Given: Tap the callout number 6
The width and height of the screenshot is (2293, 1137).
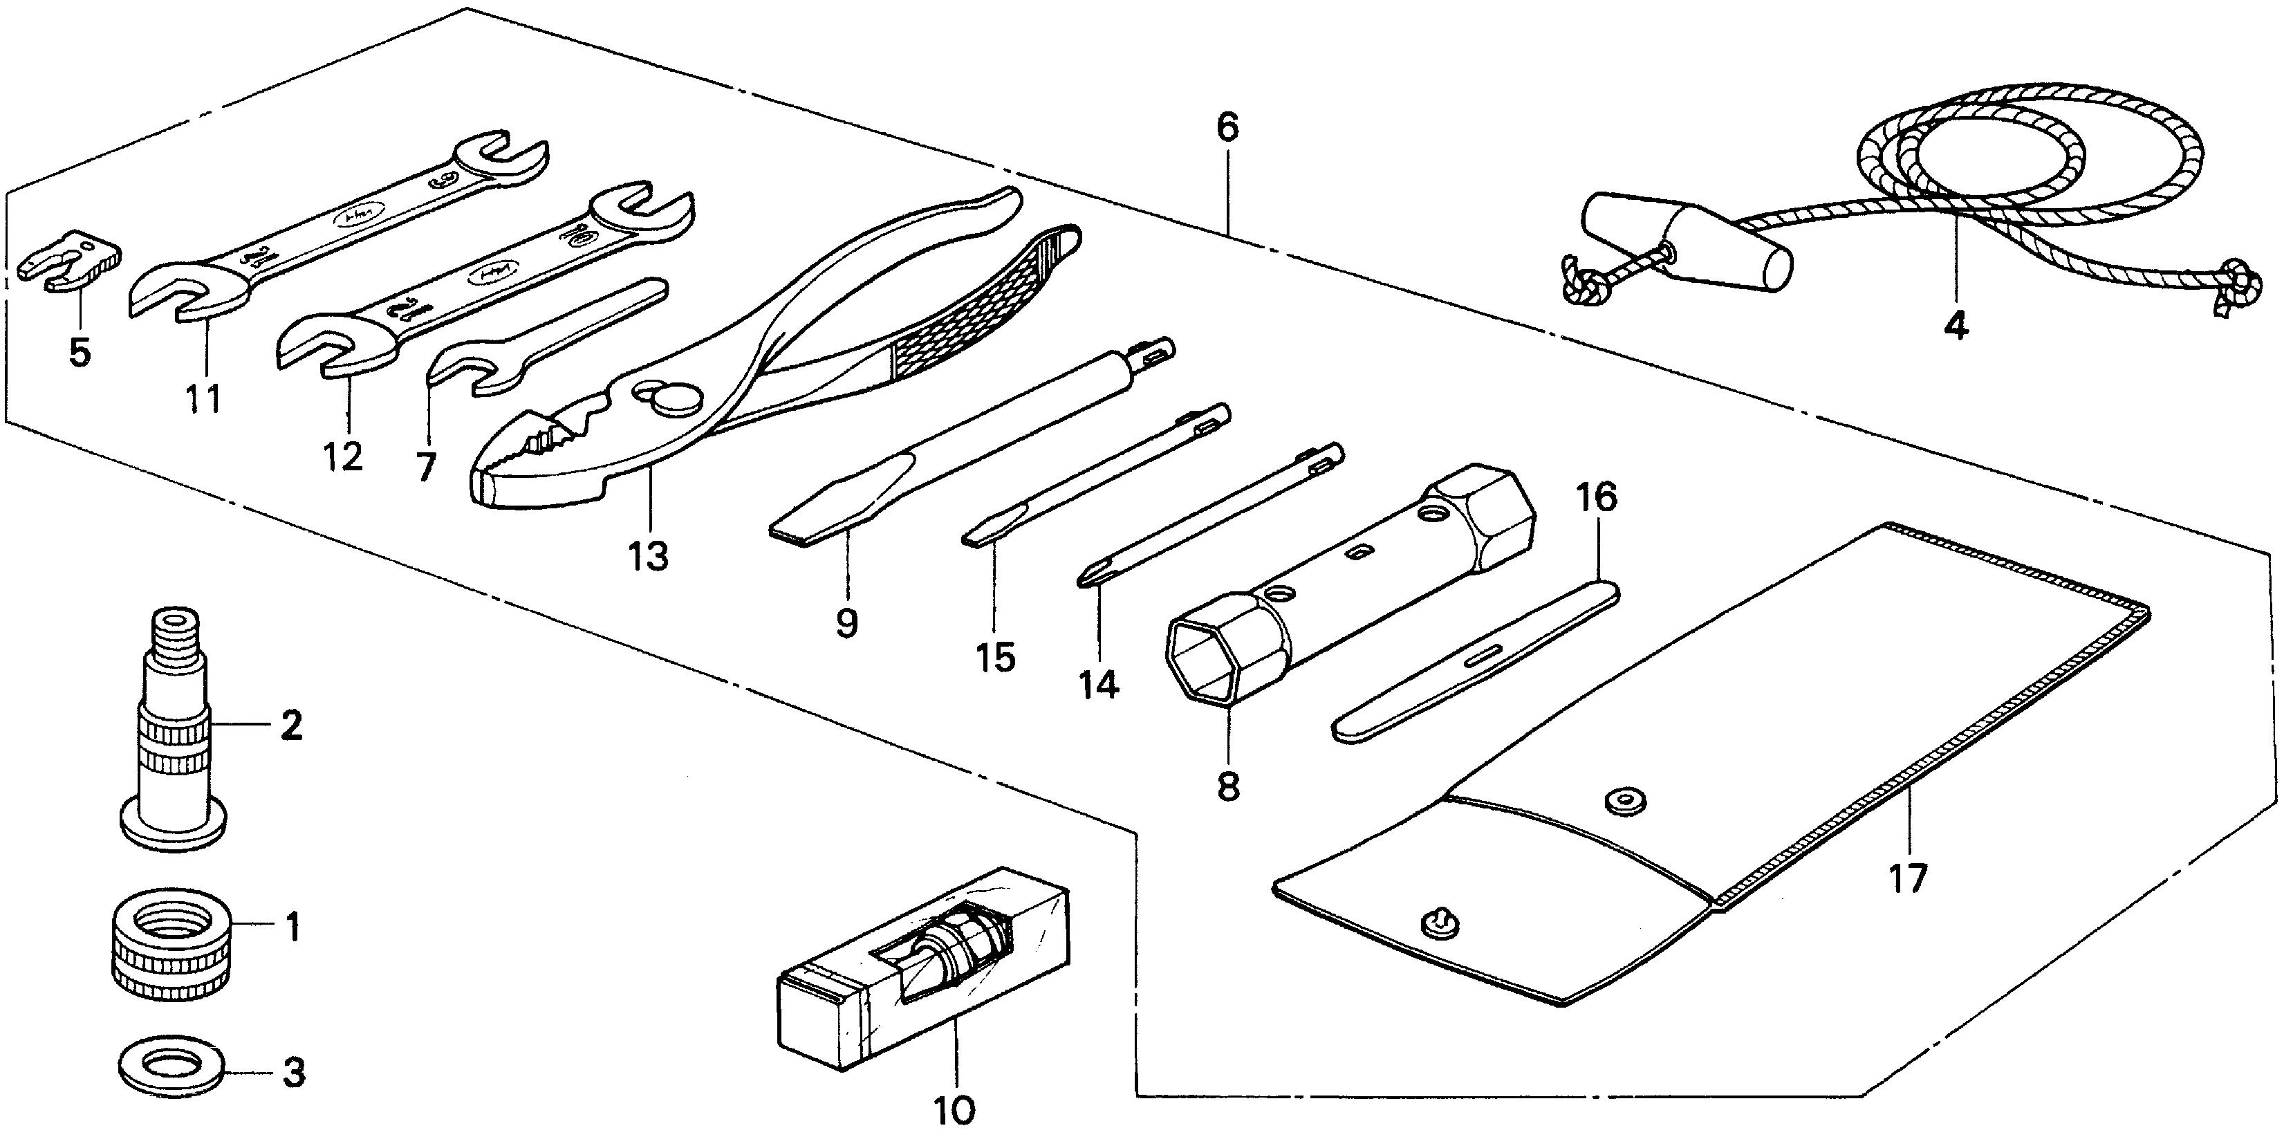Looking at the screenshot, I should [1227, 127].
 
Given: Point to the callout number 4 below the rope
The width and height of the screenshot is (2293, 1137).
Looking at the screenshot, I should [1955, 326].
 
